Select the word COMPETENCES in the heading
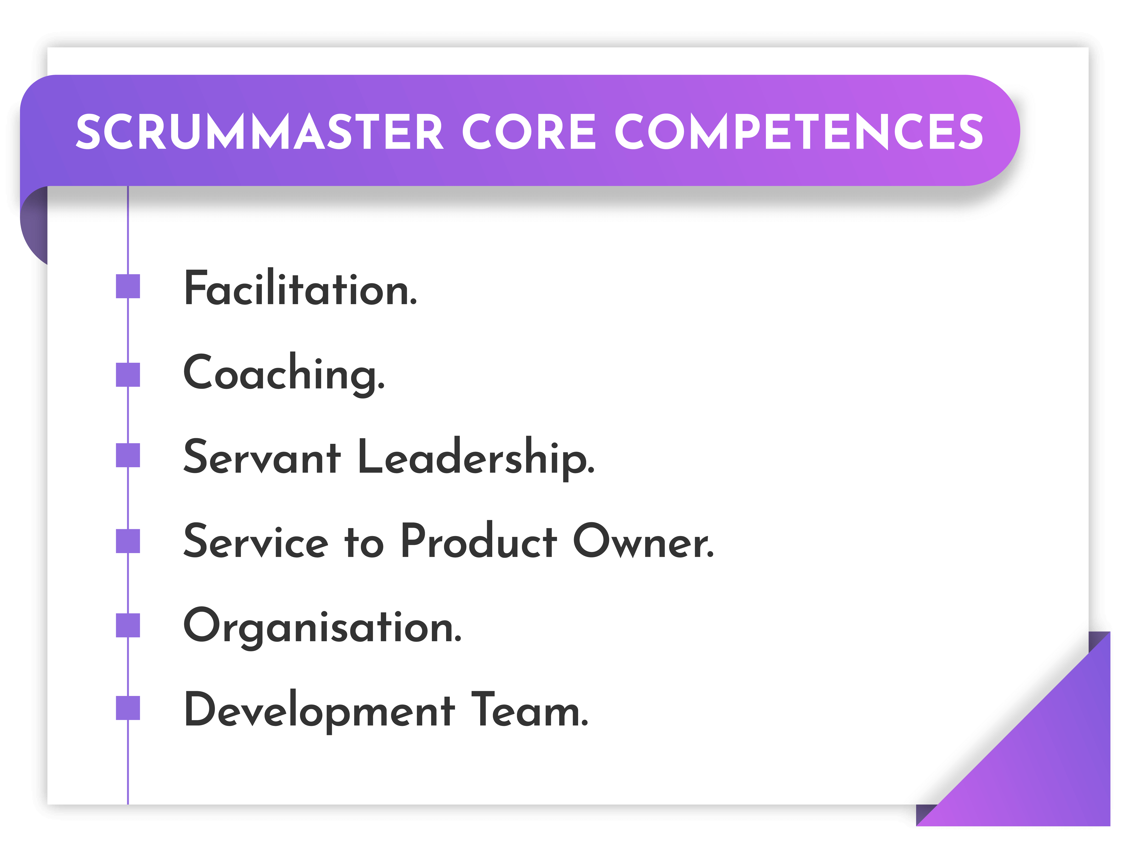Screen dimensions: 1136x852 (x=799, y=132)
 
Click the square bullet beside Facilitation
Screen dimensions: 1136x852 (x=128, y=286)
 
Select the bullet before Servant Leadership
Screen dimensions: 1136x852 (x=128, y=455)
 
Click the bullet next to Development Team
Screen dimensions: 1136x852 (x=128, y=708)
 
